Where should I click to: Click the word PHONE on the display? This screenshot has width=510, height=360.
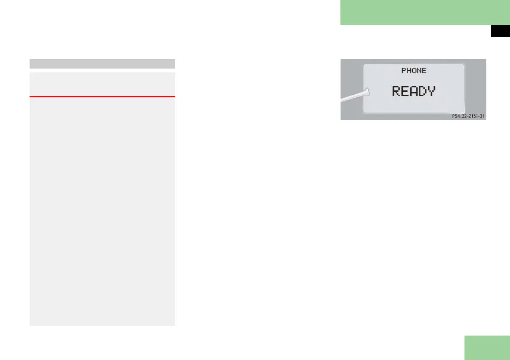414,71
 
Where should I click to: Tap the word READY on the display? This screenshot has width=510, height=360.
414,91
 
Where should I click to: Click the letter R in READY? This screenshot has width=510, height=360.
397,91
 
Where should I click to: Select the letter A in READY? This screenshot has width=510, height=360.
414,91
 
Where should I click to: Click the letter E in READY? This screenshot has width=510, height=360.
405,91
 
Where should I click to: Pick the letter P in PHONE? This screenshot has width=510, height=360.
404,71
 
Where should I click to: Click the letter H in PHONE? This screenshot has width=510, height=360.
409,71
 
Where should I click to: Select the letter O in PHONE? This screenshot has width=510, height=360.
414,71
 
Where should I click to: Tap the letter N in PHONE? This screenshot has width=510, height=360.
419,71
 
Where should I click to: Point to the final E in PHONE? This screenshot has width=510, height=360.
424,71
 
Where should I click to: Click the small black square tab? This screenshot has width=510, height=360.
500,32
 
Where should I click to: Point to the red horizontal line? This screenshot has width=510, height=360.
102,97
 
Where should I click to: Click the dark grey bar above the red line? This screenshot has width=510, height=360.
102,64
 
